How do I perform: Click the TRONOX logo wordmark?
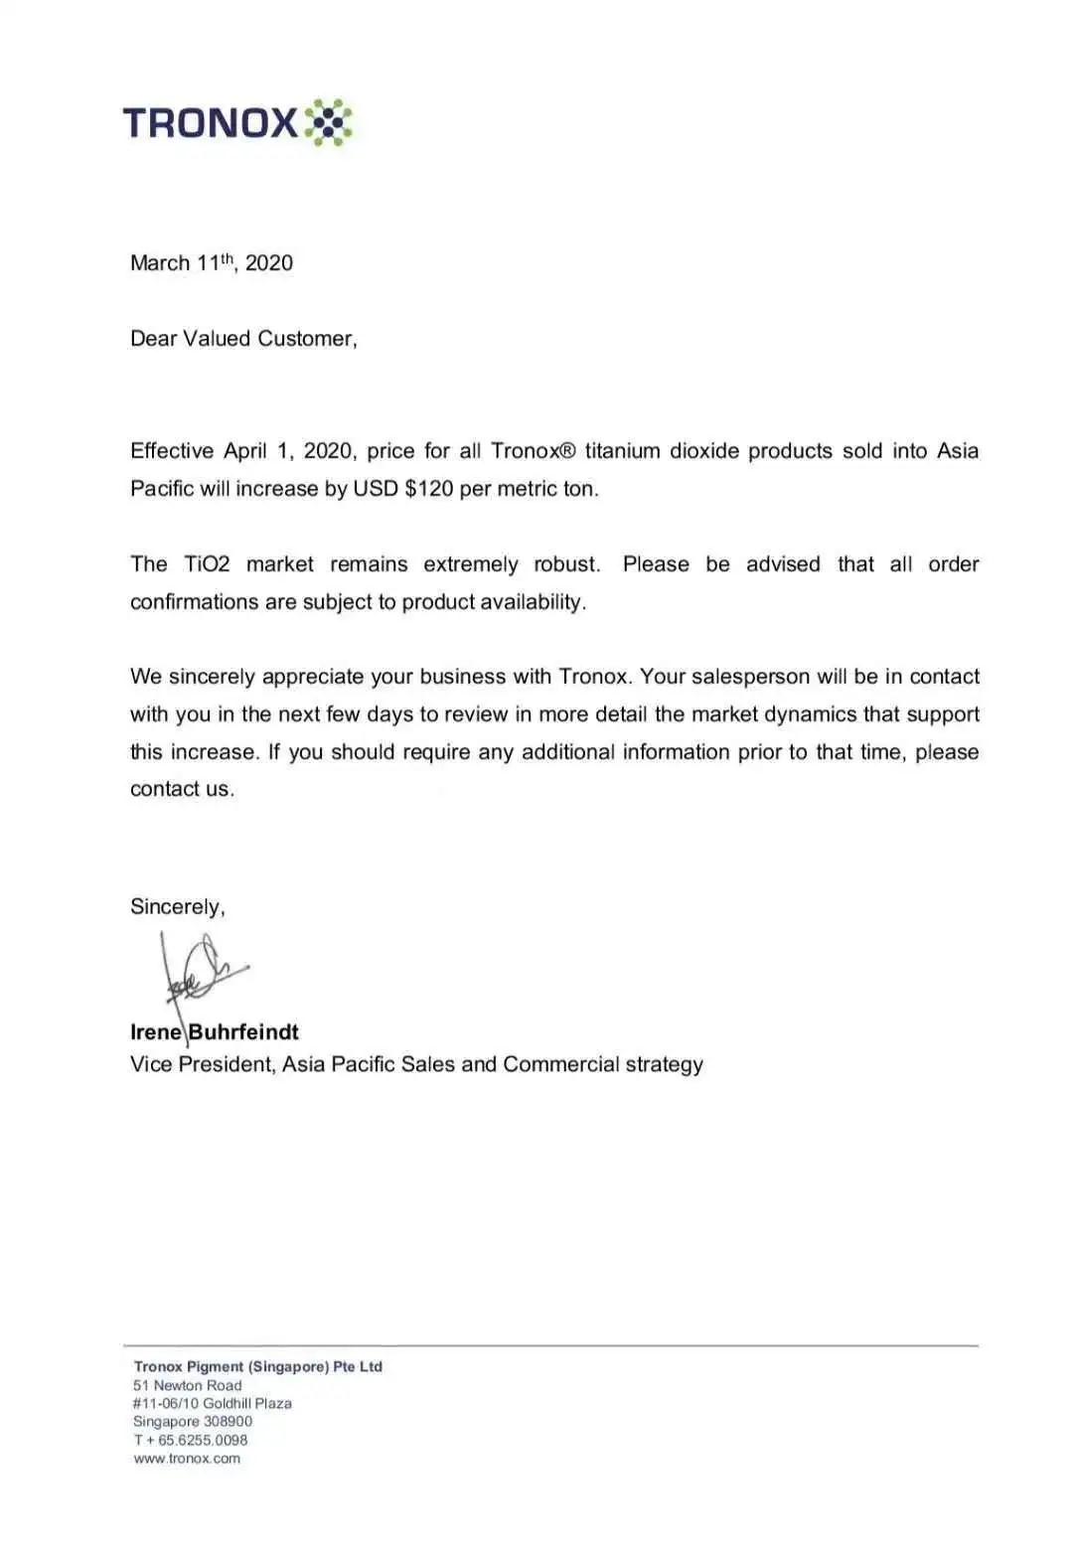coord(210,123)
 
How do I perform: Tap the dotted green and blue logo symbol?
coord(327,123)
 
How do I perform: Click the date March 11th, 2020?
coord(212,263)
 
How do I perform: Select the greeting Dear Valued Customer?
coord(243,339)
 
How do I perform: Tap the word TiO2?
coord(207,564)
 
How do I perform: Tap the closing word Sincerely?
coord(177,906)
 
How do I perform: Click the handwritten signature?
coord(199,968)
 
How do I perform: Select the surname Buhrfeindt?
coord(243,1032)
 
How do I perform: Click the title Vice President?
coord(202,1064)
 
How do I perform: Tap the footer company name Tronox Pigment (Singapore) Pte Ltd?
coord(257,1366)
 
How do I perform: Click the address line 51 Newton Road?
coord(187,1385)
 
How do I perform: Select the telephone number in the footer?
coord(196,1440)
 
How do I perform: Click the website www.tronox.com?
coord(187,1459)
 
